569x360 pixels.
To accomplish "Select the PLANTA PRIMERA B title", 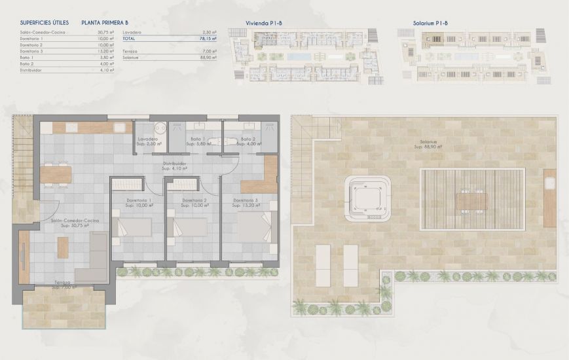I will point(105,22).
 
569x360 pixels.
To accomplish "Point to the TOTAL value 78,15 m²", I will point(209,39).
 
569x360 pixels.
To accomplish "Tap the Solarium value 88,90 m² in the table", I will point(209,57).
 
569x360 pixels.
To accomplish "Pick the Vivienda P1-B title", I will point(264,23).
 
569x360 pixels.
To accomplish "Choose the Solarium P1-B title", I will point(430,23).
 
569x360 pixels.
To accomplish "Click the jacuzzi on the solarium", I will point(369,194).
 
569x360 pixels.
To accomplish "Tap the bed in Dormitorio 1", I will point(134,226).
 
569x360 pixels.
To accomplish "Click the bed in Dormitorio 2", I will point(190,226).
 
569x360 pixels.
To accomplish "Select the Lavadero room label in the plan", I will point(150,139).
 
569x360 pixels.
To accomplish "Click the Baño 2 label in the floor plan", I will point(247,139).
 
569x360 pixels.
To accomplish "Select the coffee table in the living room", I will point(63,247).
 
